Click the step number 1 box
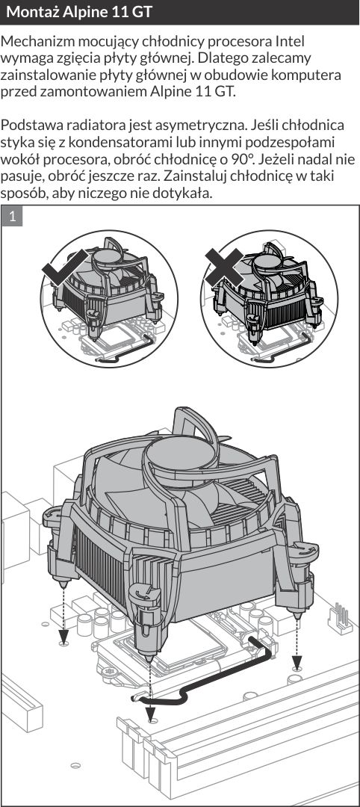[13, 217]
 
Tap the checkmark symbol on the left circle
[65, 267]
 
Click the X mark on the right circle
[224, 267]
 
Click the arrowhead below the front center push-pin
[150, 714]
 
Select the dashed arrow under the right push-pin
[297, 638]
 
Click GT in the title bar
[142, 12]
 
